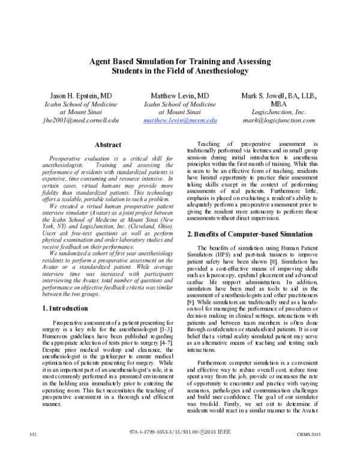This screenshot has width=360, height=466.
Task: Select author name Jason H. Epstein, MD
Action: [x=76, y=95]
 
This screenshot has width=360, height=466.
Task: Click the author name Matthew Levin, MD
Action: [x=180, y=95]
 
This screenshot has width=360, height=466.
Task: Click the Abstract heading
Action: [x=108, y=145]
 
